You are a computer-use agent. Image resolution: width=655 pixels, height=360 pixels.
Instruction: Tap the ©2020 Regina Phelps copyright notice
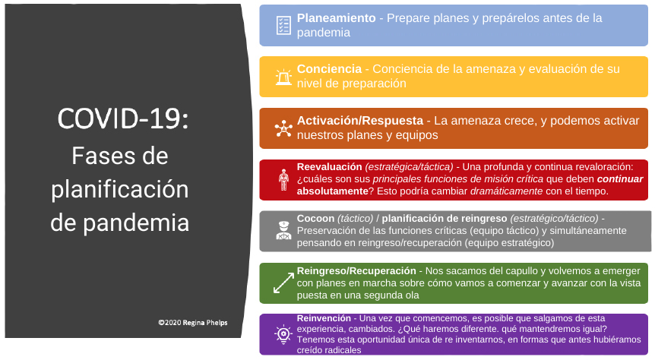point(192,322)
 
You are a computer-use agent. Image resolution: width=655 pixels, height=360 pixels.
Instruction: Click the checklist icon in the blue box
point(283,25)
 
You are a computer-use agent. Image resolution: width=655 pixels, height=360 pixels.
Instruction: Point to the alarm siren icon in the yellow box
point(283,77)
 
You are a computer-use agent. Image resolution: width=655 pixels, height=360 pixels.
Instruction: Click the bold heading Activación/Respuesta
point(360,121)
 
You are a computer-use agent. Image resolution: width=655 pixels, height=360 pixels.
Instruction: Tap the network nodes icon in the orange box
point(283,128)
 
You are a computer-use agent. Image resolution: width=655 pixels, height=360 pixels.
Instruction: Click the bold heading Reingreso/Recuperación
point(356,270)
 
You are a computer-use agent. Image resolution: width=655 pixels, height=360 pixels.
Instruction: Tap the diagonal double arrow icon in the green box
point(283,283)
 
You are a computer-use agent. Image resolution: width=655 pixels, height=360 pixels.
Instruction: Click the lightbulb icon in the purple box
point(283,333)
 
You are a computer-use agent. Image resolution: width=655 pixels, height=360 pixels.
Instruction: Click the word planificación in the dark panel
point(120,189)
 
